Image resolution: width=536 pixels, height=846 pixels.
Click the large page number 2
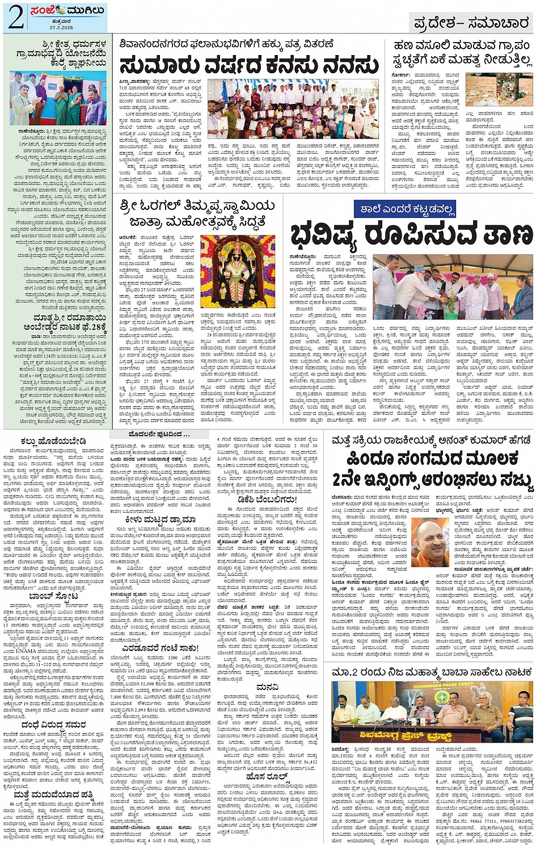point(16,18)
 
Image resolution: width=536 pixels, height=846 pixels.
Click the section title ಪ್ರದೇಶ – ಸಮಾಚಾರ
point(471,23)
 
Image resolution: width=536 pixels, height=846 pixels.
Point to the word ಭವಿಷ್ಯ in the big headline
point(323,236)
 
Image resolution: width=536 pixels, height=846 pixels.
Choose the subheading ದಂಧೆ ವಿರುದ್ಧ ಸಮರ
point(53,725)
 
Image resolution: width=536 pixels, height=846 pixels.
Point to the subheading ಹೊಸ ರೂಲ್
point(266,776)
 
